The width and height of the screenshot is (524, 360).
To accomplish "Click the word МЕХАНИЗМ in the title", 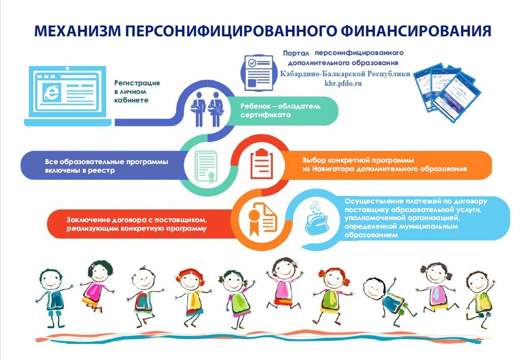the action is click(x=77, y=31).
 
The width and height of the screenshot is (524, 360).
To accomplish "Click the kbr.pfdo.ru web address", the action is click(x=343, y=83).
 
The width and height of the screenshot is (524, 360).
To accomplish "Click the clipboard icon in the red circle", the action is click(x=262, y=164).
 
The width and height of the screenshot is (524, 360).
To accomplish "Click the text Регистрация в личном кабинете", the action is click(x=137, y=91).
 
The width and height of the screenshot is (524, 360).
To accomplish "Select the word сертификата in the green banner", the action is click(x=266, y=115).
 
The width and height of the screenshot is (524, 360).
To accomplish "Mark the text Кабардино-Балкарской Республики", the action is click(x=345, y=74).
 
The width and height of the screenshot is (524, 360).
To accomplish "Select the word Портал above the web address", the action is click(x=296, y=54).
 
